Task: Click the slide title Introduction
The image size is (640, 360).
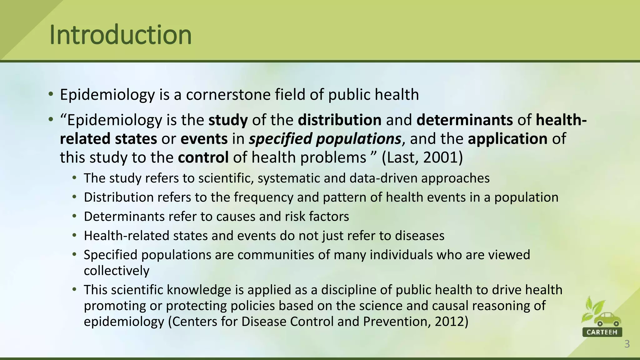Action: click(120, 35)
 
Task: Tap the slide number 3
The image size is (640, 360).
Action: click(627, 344)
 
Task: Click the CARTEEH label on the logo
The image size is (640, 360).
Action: click(602, 332)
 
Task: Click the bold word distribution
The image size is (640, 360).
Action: click(339, 120)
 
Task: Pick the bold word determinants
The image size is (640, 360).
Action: click(464, 120)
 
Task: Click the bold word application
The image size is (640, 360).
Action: click(507, 139)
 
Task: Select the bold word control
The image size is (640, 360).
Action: click(203, 157)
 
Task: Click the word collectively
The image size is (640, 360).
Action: click(117, 271)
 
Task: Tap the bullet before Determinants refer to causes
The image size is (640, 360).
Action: click(74, 216)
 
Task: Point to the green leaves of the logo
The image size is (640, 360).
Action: click(592, 309)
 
